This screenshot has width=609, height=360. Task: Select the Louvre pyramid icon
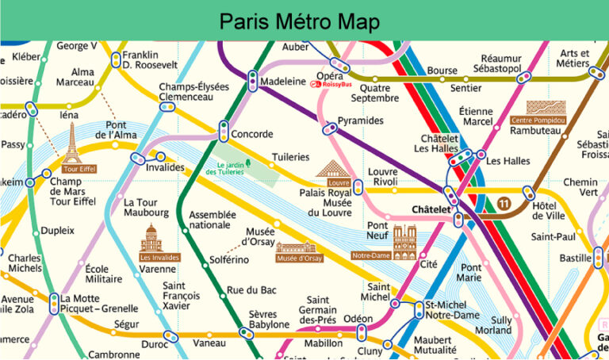coord(332,168)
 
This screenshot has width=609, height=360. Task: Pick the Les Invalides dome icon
coord(150,237)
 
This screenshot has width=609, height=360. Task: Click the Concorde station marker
coord(224,132)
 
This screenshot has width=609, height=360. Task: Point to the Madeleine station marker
coord(252,81)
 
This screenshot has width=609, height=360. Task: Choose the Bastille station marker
coord(598,258)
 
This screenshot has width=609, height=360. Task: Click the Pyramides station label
coord(360,121)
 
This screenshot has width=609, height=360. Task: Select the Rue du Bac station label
coord(251,290)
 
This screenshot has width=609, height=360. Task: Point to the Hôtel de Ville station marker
coord(529,193)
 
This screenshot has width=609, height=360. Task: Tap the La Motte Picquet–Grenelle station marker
coord(53,304)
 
